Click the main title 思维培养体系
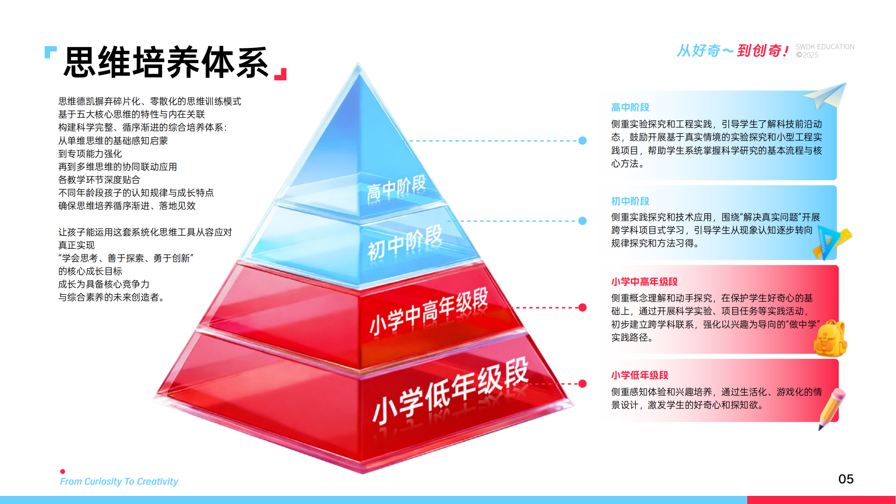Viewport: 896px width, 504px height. click(x=167, y=63)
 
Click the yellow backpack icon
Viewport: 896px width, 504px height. click(x=830, y=339)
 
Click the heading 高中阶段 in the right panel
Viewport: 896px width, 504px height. click(x=630, y=108)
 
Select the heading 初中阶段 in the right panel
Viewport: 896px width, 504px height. click(x=630, y=201)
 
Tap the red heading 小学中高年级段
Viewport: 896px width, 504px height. click(x=644, y=282)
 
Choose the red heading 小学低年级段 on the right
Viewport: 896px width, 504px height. click(x=640, y=375)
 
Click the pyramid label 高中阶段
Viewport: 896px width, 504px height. click(x=396, y=188)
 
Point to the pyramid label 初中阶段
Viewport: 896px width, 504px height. click(x=404, y=242)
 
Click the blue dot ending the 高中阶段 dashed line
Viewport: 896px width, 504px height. click(x=582, y=141)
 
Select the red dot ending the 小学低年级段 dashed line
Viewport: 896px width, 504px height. click(x=582, y=384)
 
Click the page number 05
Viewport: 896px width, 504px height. click(x=846, y=479)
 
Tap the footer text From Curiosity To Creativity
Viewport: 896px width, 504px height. click(x=119, y=482)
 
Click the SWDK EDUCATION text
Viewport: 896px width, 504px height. click(x=825, y=47)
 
